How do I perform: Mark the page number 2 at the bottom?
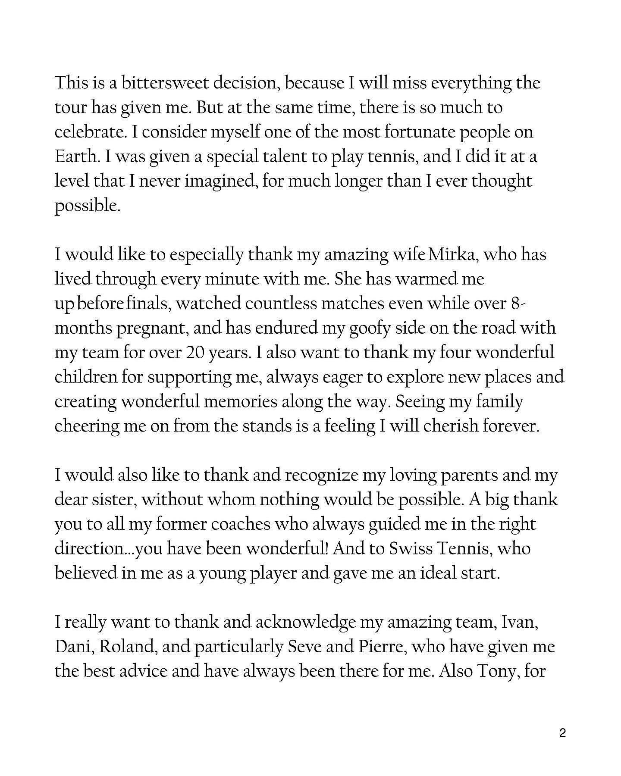(562, 733)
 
